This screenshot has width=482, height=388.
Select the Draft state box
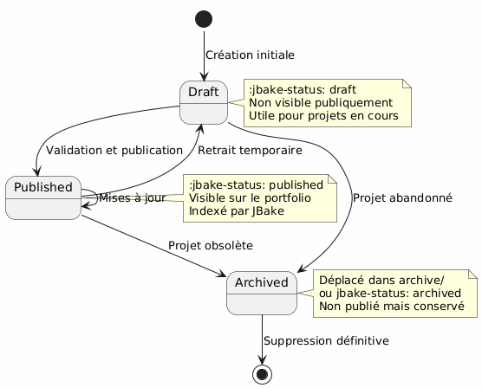(x=202, y=102)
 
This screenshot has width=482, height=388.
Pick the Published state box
(x=42, y=197)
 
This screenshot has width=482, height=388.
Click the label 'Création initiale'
(x=250, y=55)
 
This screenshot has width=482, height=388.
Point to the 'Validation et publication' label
(x=114, y=151)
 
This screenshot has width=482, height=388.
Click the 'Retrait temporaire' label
(x=250, y=151)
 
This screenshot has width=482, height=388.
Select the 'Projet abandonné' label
(x=402, y=197)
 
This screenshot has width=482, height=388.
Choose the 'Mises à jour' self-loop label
(x=133, y=198)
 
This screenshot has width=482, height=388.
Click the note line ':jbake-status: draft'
(x=302, y=89)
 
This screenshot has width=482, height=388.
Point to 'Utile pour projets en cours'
(x=322, y=115)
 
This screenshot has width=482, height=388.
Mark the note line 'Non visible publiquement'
(x=318, y=102)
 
